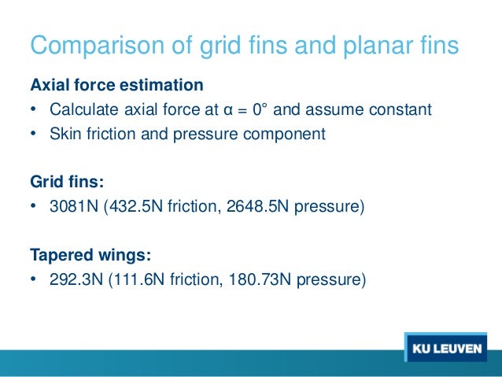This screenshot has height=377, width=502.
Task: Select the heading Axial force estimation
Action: pyautogui.click(x=116, y=84)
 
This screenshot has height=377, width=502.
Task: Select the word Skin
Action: pyautogui.click(x=64, y=133)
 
